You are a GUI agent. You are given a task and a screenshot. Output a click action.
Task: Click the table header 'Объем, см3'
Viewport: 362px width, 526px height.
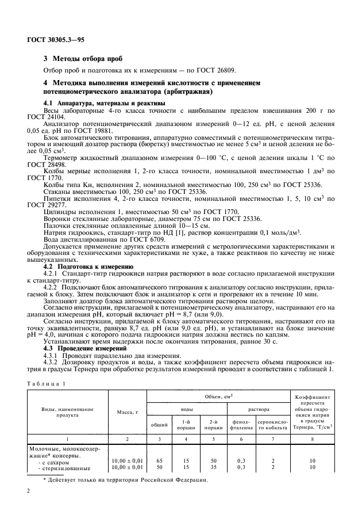coord(219,397)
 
